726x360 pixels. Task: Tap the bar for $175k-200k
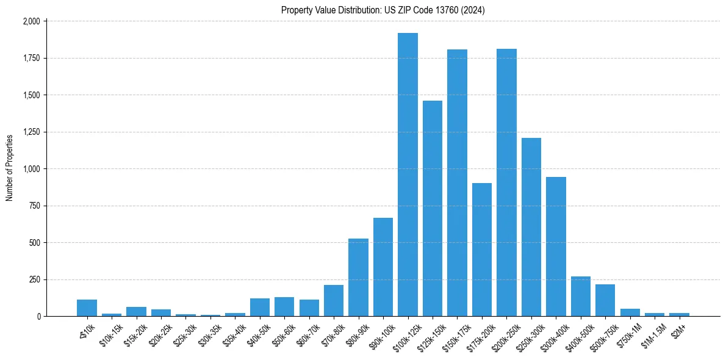(x=482, y=250)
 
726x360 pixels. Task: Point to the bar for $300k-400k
(x=556, y=247)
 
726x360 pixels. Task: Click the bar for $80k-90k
(x=358, y=278)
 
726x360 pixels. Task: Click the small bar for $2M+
(x=679, y=314)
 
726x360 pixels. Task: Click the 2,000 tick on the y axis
(x=31, y=21)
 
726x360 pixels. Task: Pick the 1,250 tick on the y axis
(x=31, y=132)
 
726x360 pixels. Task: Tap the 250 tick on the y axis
(x=34, y=279)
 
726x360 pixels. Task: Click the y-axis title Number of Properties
(x=10, y=168)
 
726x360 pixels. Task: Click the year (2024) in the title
(x=473, y=10)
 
